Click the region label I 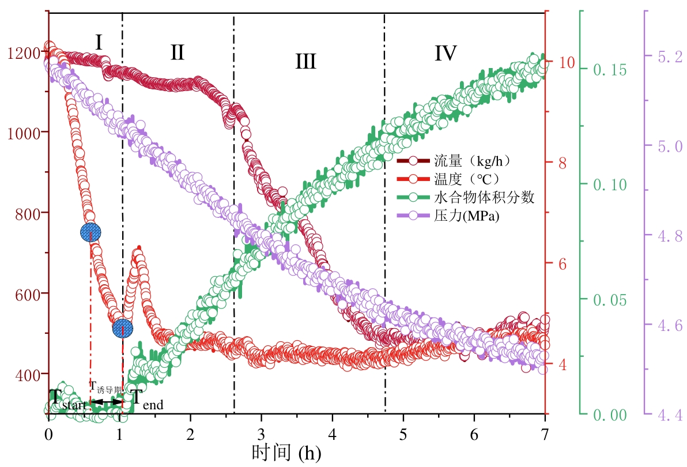(x=99, y=43)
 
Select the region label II (x=177, y=52)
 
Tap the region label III (x=305, y=61)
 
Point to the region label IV (x=446, y=54)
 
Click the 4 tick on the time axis (x=333, y=432)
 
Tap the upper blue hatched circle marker (x=90, y=232)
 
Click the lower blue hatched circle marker (x=122, y=328)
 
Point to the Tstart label (x=67, y=398)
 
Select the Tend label (x=145, y=398)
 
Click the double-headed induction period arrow (x=107, y=402)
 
